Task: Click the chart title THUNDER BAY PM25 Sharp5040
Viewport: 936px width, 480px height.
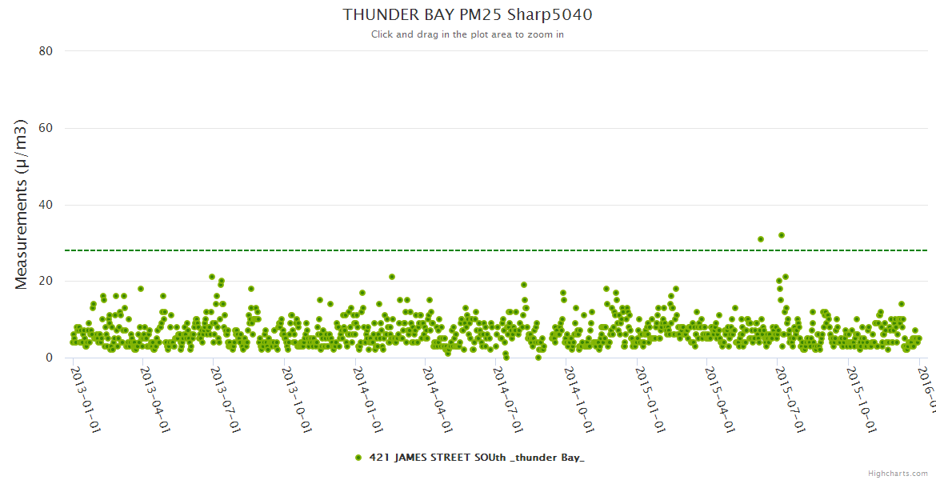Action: pyautogui.click(x=467, y=14)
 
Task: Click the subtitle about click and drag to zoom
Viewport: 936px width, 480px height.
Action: pyautogui.click(x=467, y=34)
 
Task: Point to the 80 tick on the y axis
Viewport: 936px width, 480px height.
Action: pyautogui.click(x=46, y=51)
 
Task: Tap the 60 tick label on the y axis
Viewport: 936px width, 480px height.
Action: pyautogui.click(x=46, y=128)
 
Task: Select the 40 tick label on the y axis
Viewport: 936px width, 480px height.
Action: pyautogui.click(x=46, y=205)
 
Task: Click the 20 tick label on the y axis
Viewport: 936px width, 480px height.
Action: pyautogui.click(x=46, y=282)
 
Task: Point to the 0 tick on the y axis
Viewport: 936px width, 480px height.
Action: pyautogui.click(x=49, y=358)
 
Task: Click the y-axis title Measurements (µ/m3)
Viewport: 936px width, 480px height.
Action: pyautogui.click(x=22, y=204)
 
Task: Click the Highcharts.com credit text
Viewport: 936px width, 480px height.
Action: pyautogui.click(x=898, y=474)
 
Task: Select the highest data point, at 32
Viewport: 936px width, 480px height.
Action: pyautogui.click(x=782, y=235)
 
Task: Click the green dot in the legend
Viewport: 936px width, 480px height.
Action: pyautogui.click(x=358, y=458)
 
